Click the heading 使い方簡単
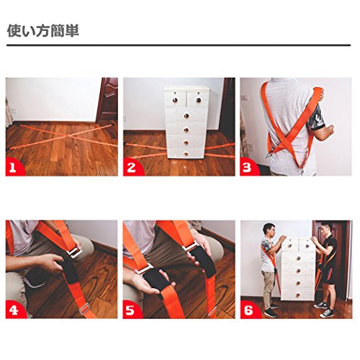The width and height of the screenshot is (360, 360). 43,30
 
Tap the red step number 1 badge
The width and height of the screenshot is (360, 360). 14,167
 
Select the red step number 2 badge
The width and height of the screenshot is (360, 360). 132,167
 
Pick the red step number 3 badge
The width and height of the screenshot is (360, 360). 248,167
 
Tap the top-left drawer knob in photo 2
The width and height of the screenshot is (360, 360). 176,99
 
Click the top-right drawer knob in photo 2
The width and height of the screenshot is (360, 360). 199,99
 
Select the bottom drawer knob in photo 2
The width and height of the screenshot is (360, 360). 186,153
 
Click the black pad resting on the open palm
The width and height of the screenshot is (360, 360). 156,279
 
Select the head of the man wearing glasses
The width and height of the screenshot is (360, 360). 269,230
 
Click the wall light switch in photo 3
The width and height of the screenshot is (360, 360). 244,98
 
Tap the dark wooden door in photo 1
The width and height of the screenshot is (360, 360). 108,100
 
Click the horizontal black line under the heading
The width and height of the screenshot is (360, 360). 179,45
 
